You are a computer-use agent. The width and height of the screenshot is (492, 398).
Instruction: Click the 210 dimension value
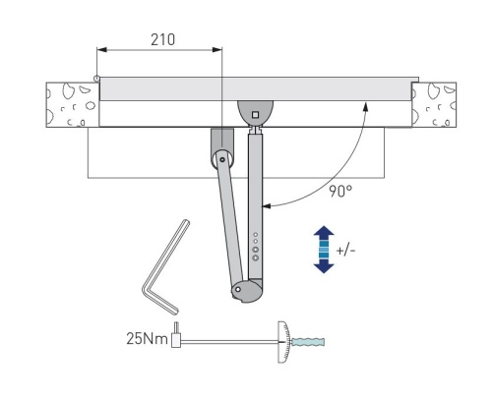(162, 39)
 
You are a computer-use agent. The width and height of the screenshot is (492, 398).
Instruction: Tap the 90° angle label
(340, 192)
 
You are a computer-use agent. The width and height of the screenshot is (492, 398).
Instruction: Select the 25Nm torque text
(147, 338)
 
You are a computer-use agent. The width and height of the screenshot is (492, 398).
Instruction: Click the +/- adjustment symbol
(345, 251)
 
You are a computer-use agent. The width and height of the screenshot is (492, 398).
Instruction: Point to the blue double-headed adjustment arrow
(324, 250)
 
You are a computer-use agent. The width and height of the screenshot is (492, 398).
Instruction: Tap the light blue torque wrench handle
(308, 342)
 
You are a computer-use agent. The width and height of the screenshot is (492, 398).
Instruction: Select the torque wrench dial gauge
(283, 342)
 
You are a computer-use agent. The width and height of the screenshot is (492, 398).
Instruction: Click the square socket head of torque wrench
(176, 340)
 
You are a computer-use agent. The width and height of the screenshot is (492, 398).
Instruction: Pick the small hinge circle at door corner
(96, 79)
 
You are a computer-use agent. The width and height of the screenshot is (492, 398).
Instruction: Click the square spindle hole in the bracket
(255, 115)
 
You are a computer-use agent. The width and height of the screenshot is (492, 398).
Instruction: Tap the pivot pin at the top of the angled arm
(222, 160)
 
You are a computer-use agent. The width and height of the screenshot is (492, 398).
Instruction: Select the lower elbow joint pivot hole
(238, 289)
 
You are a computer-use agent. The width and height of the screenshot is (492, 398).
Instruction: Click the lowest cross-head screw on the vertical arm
(256, 257)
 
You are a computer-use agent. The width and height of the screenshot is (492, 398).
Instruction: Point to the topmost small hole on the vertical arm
(256, 235)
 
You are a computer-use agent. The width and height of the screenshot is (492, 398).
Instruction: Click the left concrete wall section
(73, 104)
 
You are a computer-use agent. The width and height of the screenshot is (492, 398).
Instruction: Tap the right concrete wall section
(434, 104)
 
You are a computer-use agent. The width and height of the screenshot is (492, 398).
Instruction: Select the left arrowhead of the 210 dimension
(101, 50)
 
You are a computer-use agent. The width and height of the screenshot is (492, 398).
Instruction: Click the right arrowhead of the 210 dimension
(217, 50)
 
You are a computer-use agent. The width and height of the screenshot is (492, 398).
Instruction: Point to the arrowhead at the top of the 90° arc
(366, 106)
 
